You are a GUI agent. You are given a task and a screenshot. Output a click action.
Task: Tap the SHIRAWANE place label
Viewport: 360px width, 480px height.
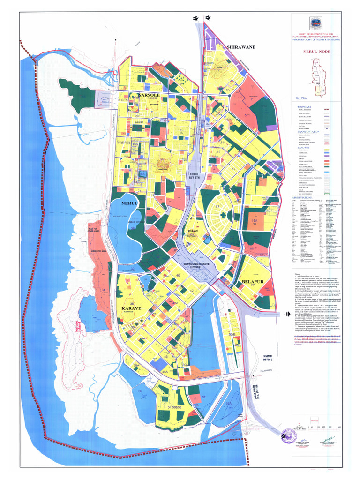point(241,47)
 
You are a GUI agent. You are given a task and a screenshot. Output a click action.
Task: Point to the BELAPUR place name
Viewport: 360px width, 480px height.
point(253,281)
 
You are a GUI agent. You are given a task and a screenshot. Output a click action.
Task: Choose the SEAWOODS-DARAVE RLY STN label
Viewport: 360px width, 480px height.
point(193,265)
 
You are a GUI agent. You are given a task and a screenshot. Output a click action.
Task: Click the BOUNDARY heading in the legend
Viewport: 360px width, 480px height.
point(305,107)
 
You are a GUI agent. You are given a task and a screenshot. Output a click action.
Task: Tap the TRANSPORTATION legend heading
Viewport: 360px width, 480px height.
point(309,131)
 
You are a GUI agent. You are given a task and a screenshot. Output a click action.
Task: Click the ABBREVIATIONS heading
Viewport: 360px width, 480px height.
point(309,197)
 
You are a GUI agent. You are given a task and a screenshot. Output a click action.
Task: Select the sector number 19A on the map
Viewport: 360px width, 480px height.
point(255,220)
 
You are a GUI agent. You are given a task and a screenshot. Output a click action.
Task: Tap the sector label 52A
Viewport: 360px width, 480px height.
point(229,403)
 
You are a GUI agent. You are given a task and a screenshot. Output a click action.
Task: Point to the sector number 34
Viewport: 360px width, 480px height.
point(103,291)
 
